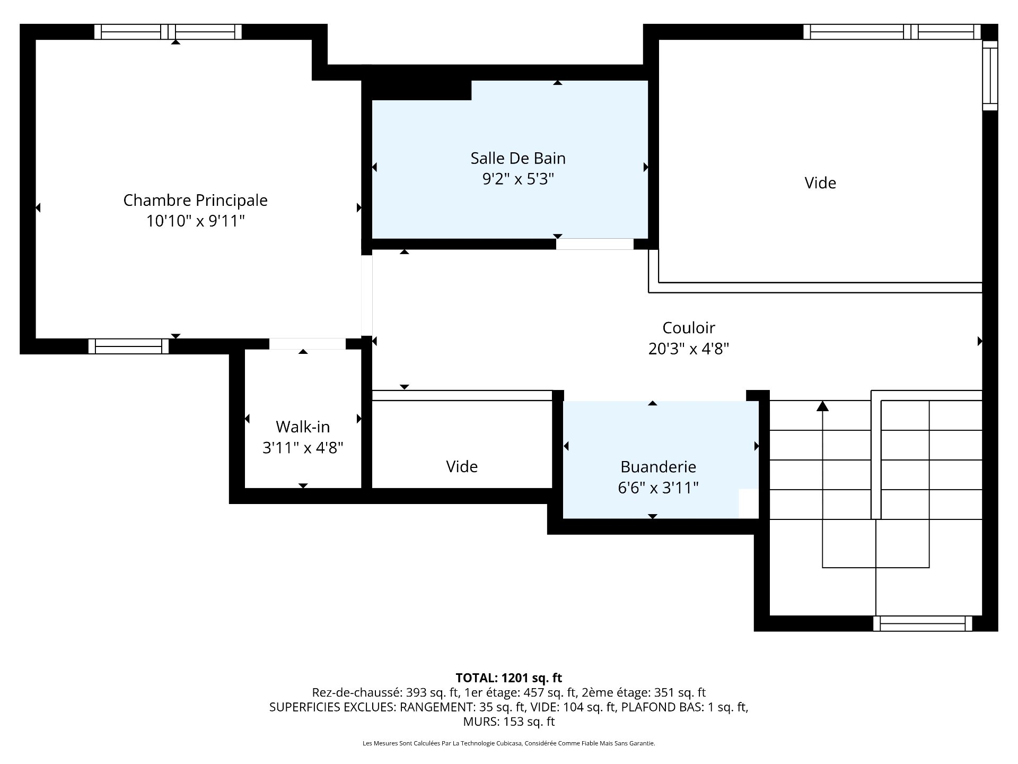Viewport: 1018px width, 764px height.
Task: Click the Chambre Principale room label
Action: point(196,201)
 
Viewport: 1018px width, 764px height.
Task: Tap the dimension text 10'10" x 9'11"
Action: point(196,221)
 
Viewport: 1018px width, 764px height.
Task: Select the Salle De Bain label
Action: point(518,158)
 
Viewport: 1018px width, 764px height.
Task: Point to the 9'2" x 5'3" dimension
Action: point(518,179)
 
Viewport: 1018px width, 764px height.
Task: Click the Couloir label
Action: point(689,328)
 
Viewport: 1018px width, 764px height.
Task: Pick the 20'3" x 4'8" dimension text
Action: point(689,349)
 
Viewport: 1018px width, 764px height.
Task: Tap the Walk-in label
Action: point(303,427)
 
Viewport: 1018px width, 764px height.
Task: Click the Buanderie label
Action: point(658,467)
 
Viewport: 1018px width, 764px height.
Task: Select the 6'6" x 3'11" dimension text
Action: point(658,488)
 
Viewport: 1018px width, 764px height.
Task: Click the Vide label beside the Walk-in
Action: point(462,467)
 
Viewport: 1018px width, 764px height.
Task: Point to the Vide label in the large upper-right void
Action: point(820,183)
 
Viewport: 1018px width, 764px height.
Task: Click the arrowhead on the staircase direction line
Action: point(822,406)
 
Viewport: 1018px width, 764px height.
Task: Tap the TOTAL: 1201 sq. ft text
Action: point(509,678)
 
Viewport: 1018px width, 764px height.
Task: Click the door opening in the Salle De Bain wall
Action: point(595,244)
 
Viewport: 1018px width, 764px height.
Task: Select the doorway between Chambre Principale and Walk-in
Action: point(308,344)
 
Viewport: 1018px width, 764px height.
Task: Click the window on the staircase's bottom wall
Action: point(923,623)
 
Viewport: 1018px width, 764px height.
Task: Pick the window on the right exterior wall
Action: point(990,75)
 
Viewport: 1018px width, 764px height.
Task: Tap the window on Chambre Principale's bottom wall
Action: point(128,346)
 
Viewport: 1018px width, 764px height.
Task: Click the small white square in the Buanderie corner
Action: point(749,503)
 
